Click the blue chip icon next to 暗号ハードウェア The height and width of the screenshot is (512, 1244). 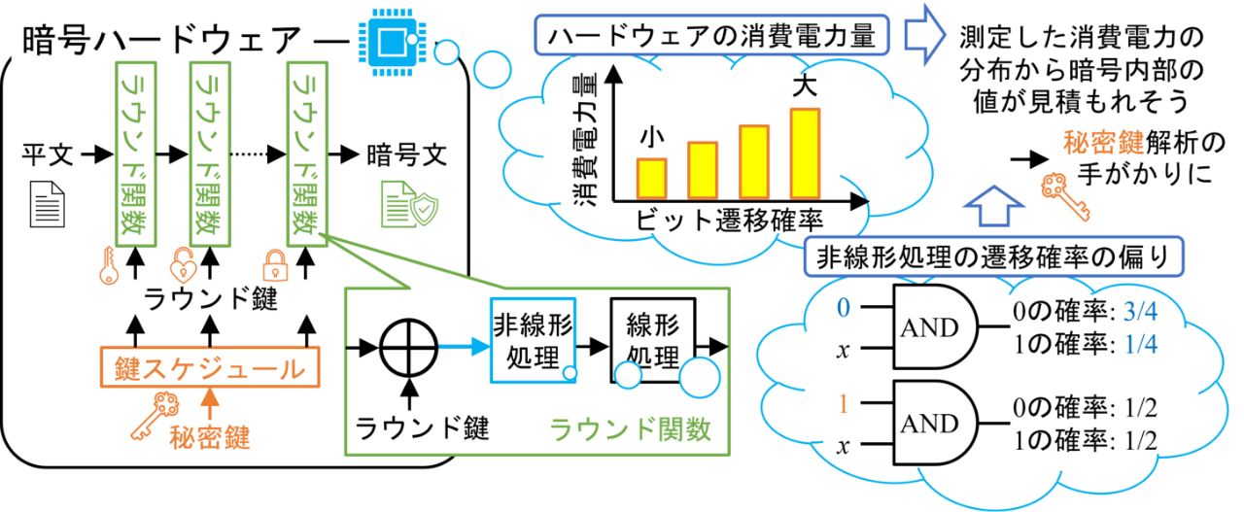pos(391,38)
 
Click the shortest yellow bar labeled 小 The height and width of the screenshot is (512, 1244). pos(652,177)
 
